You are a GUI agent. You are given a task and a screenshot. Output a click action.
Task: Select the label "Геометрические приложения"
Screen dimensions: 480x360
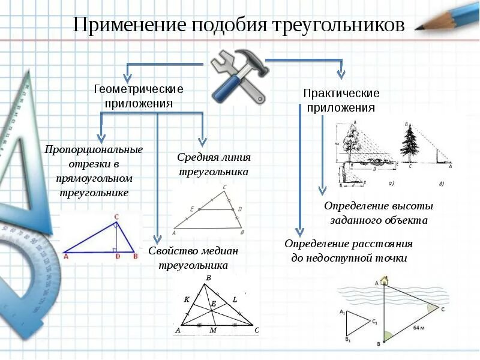(139, 96)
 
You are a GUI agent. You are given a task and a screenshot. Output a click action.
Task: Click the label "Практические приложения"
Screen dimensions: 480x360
(341, 101)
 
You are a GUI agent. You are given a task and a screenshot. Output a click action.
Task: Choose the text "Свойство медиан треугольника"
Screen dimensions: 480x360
(193, 257)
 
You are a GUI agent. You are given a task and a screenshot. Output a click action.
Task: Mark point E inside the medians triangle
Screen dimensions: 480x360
(213, 304)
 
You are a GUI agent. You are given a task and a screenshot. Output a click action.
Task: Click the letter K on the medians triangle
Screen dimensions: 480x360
(187, 299)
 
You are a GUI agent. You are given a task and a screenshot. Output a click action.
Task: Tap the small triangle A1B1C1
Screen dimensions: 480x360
(358, 324)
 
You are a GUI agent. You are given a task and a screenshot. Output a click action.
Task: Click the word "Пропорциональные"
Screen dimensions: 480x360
(94, 149)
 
